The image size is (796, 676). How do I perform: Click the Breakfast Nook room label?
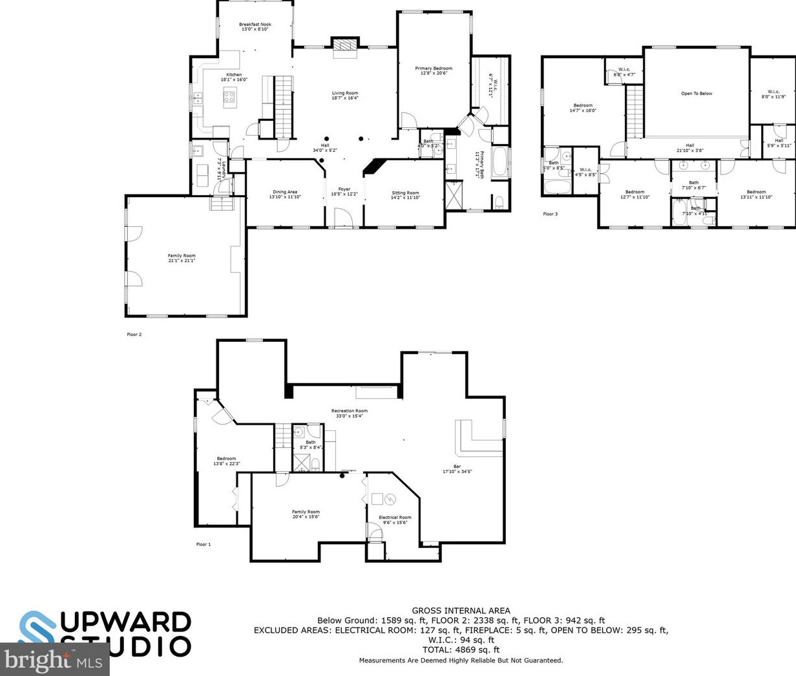[x=255, y=26]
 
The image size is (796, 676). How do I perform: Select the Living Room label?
[x=344, y=96]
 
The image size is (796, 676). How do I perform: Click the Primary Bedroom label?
[x=434, y=70]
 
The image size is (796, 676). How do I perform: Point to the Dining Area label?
[x=284, y=194]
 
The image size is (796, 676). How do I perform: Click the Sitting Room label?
[x=405, y=195]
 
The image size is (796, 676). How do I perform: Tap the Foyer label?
[x=344, y=191]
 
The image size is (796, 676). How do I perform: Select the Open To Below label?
[x=696, y=94]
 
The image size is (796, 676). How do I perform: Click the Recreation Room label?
[x=349, y=413]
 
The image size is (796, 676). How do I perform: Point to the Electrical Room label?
[x=394, y=520]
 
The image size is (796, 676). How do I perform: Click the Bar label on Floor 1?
[x=457, y=469]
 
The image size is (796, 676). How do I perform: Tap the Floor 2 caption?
[x=134, y=335]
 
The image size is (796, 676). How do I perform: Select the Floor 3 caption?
[x=550, y=214]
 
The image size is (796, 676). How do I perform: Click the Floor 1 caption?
[x=204, y=544]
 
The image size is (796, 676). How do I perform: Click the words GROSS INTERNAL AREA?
[x=461, y=610]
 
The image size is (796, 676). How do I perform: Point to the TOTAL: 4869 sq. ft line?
[x=461, y=650]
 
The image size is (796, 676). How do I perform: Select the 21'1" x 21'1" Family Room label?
[x=182, y=258]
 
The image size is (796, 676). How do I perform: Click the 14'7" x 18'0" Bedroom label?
[x=583, y=108]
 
